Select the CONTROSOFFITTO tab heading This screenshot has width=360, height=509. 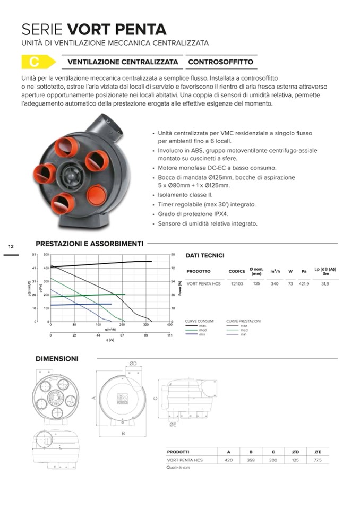(220, 62)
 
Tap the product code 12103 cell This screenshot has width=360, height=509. (236, 284)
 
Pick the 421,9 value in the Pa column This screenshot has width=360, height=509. (304, 284)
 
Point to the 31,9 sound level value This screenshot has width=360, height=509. (325, 284)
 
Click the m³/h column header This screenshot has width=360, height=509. (275, 271)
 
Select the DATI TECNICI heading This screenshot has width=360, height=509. (205, 256)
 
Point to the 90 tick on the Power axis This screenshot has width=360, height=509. (173, 255)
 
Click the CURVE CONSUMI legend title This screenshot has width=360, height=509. (200, 321)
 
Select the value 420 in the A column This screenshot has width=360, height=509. (229, 460)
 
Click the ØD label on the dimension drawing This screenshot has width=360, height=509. (133, 364)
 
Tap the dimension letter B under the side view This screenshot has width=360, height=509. (123, 434)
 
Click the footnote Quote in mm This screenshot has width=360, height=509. (178, 468)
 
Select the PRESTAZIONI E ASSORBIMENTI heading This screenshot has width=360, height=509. (89, 244)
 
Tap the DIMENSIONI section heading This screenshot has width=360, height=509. (57, 359)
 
